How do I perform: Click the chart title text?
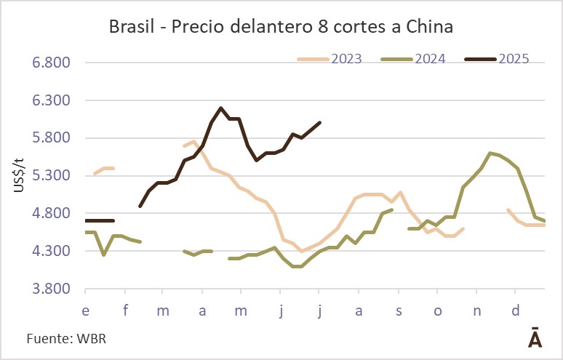(281, 28)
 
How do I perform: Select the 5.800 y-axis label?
(50, 138)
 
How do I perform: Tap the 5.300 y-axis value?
(50, 176)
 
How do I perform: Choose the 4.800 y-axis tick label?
(50, 214)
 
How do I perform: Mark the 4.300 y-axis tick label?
(50, 252)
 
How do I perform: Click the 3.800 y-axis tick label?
(50, 289)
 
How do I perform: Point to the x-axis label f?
(126, 311)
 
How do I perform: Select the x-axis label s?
(399, 311)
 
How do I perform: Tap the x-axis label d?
(516, 311)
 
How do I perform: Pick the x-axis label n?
(477, 311)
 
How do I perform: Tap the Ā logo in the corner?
(535, 338)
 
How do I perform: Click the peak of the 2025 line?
(220, 108)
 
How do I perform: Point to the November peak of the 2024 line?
(490, 153)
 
